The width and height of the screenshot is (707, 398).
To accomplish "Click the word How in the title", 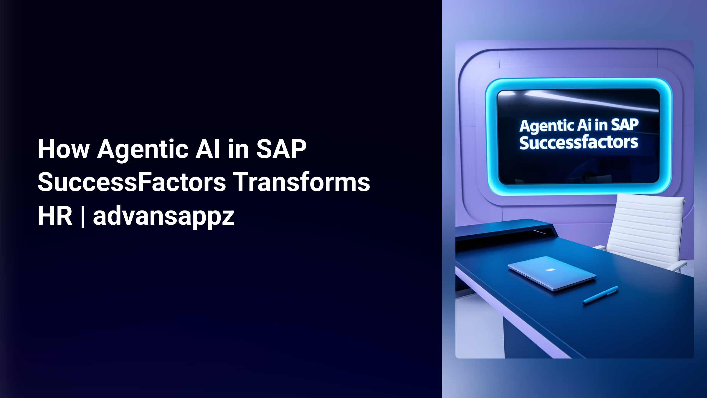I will [63, 149].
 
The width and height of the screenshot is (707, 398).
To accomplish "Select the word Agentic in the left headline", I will [143, 150].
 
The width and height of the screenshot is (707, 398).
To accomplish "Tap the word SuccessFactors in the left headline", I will [132, 182].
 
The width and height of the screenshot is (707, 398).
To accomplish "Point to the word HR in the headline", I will [55, 216].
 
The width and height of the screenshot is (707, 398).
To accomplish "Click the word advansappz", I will [163, 216].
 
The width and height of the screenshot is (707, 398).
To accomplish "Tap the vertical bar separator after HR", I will [82, 216].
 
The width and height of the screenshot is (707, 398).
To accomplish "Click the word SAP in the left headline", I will [281, 149].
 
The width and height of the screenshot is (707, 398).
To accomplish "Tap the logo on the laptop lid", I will [550, 269].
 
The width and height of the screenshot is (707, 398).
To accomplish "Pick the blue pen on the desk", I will [600, 295].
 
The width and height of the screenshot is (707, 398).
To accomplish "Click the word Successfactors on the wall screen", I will [579, 143].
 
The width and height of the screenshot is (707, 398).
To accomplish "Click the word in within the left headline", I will [238, 149].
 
